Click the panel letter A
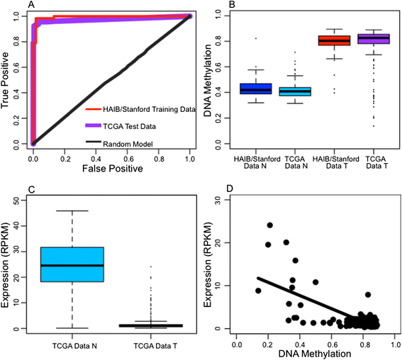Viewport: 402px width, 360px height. (x=31, y=4)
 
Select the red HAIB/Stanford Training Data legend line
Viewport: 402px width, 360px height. (x=93, y=109)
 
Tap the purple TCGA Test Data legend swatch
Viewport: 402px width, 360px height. (x=93, y=125)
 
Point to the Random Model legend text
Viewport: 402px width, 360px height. (x=128, y=144)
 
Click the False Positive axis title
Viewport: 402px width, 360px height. (x=113, y=169)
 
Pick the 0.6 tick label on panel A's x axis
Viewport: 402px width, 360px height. (x=128, y=159)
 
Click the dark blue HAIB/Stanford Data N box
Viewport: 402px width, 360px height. (x=256, y=89)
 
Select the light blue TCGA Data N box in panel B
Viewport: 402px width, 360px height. (x=295, y=91)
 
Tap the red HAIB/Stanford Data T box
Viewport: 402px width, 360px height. (x=335, y=40)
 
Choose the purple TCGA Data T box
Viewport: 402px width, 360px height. (x=374, y=39)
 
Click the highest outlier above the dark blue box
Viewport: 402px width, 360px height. (x=256, y=38)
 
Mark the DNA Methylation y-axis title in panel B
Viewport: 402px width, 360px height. (x=208, y=81)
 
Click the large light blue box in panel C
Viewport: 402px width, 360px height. (x=72, y=264)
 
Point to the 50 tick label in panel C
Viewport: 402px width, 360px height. (x=16, y=200)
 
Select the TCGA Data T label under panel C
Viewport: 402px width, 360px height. (x=155, y=346)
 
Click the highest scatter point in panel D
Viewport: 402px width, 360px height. (x=269, y=225)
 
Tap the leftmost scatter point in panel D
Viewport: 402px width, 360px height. (x=258, y=291)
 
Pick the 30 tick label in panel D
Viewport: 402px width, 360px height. (x=218, y=200)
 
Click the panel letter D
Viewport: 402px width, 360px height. (x=230, y=189)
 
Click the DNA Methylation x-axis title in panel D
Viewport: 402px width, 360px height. (x=315, y=354)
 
